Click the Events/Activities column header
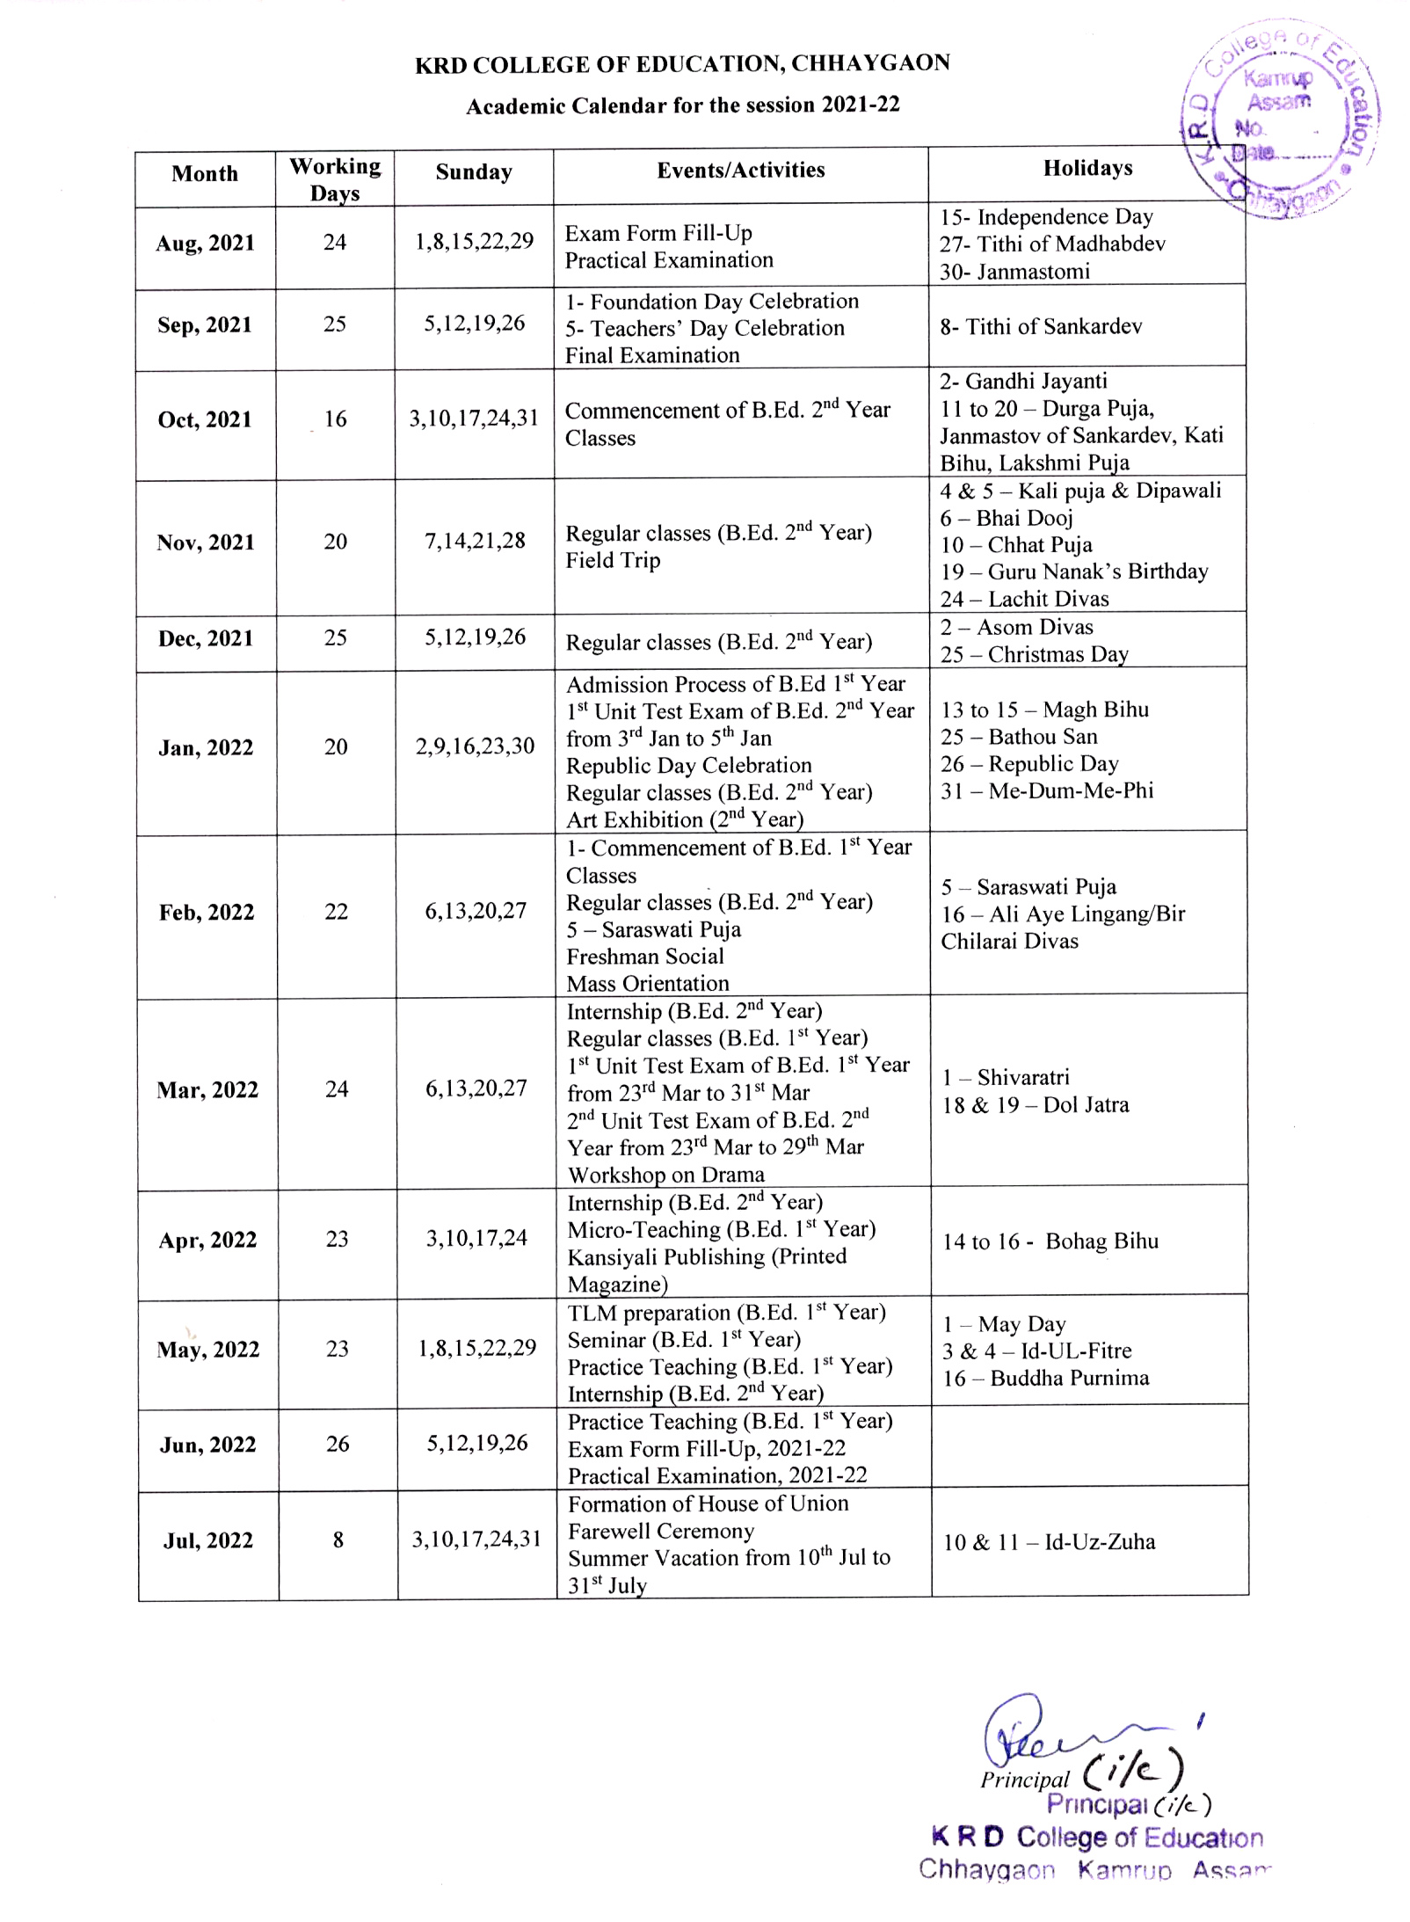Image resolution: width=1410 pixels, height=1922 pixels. tap(740, 170)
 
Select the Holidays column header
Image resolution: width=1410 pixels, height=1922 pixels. tap(1087, 168)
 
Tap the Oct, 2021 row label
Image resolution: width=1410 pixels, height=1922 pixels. tap(205, 419)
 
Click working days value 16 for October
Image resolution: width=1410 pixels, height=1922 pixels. tap(335, 419)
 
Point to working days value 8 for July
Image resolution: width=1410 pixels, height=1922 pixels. tap(338, 1540)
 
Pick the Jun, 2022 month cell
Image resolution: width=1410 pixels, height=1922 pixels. tap(207, 1445)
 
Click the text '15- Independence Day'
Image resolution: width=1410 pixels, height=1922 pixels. tap(1046, 216)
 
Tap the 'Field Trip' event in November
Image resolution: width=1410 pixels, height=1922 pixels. tap(613, 560)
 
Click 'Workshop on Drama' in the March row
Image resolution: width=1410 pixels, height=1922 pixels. tap(666, 1175)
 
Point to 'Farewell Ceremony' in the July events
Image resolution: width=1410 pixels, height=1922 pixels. tap(661, 1531)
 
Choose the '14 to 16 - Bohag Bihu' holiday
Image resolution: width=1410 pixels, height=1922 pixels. tap(1050, 1241)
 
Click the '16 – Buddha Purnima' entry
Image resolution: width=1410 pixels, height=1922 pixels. tap(1046, 1378)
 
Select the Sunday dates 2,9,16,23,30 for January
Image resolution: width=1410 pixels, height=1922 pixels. tap(475, 746)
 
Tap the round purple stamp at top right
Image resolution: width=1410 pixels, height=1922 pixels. tap(1281, 120)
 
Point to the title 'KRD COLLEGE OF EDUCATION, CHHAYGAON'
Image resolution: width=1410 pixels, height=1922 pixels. tap(682, 64)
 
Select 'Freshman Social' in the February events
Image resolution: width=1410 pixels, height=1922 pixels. tap(645, 956)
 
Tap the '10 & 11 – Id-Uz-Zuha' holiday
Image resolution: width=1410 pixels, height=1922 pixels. tap(1049, 1541)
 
